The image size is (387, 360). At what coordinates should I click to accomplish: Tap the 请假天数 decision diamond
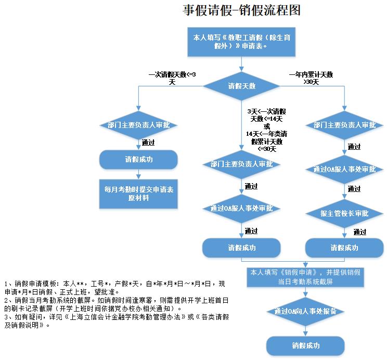(x=241, y=86)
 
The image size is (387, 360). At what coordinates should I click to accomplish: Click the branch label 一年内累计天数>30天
(x=311, y=78)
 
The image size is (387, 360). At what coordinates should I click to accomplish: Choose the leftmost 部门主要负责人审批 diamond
(x=138, y=125)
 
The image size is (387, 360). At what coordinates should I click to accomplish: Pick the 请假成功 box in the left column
(x=138, y=159)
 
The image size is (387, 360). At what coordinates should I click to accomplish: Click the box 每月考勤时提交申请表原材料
(x=138, y=194)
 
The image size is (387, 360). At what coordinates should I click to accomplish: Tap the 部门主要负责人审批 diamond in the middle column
(x=241, y=164)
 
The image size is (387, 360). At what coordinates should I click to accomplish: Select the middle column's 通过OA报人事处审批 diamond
(x=241, y=209)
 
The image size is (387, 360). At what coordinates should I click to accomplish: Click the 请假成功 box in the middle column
(x=241, y=248)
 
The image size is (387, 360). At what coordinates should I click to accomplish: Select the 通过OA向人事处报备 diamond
(x=305, y=312)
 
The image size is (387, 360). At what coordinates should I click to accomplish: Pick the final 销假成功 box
(x=305, y=345)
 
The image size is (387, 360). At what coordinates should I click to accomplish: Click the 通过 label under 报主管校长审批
(x=359, y=232)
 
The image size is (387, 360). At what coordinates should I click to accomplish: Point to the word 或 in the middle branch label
(x=267, y=126)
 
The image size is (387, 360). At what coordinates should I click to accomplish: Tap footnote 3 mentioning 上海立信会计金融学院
(x=114, y=320)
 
